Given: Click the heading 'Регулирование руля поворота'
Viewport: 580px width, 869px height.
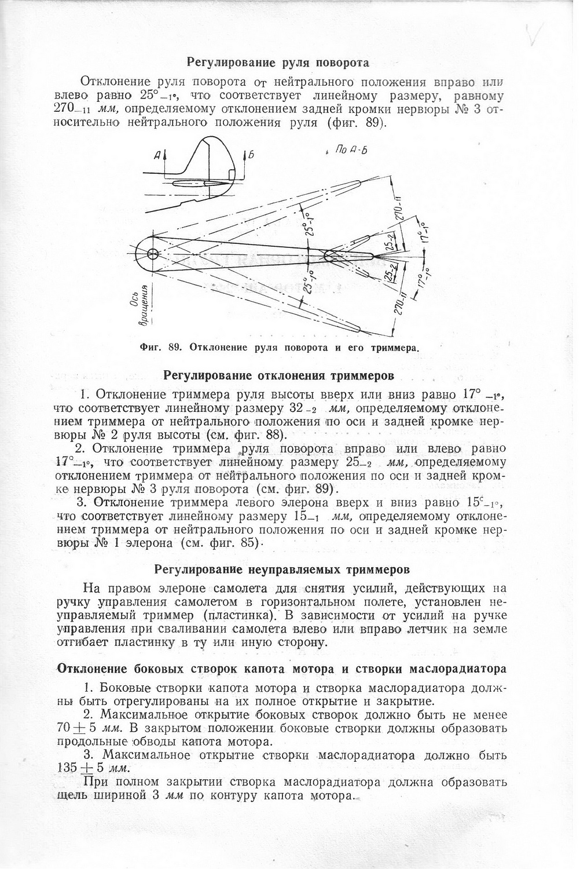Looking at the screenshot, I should pyautogui.click(x=278, y=61).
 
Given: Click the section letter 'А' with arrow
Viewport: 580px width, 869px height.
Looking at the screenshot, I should pyautogui.click(x=159, y=155).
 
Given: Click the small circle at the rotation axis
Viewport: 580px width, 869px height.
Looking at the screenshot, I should pyautogui.click(x=153, y=254).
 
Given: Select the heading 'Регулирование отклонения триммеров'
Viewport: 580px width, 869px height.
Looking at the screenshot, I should pyautogui.click(x=279, y=376).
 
